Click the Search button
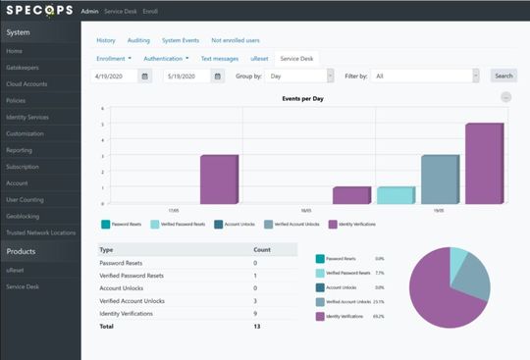pyautogui.click(x=503, y=76)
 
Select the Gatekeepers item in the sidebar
pyautogui.click(x=21, y=68)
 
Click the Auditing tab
pyautogui.click(x=137, y=40)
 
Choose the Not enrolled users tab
pyautogui.click(x=235, y=40)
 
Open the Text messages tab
pyautogui.click(x=220, y=59)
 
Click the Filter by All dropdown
pyautogui.click(x=426, y=76)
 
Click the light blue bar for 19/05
pyautogui.click(x=395, y=194)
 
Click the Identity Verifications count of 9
pyautogui.click(x=255, y=312)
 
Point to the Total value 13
pyautogui.click(x=256, y=325)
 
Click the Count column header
pyautogui.click(x=262, y=249)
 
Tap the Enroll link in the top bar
pyautogui.click(x=150, y=12)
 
